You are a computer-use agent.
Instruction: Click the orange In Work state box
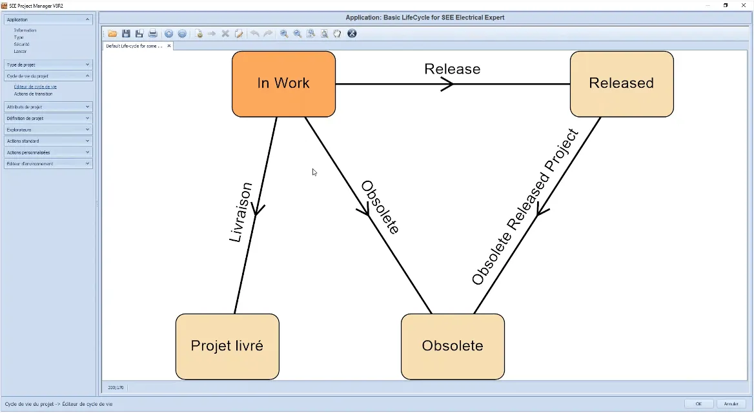[283, 84]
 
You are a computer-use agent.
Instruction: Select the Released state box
[621, 84]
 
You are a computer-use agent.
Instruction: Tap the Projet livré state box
[227, 346]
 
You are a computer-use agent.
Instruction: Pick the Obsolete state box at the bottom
[452, 346]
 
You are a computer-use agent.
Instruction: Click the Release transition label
[452, 69]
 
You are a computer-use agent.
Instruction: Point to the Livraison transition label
[241, 212]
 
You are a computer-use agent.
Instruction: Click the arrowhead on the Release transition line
[447, 84]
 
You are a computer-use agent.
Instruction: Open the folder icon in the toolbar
[112, 34]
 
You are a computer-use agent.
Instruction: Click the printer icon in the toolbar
[153, 34]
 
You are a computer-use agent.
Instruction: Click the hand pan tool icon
[337, 34]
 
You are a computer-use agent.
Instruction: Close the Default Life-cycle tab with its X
[169, 46]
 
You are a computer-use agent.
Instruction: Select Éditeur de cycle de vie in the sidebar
[36, 86]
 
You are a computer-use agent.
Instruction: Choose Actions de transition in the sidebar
[34, 94]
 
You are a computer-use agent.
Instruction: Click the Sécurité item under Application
[22, 44]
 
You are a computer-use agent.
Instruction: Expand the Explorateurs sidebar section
[48, 130]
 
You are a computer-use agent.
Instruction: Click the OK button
[698, 404]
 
